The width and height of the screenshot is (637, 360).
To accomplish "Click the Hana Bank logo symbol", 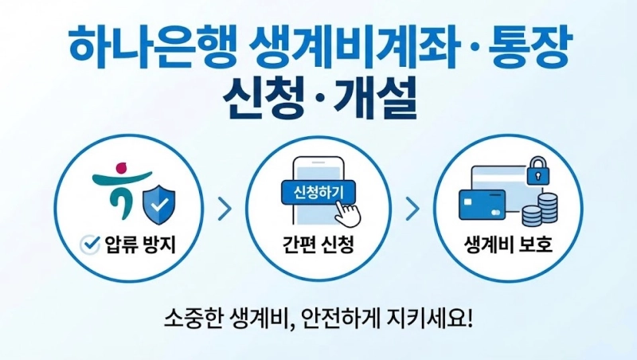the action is pyautogui.click(x=122, y=191).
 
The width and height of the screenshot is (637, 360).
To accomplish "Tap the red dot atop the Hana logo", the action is pyautogui.click(x=122, y=168).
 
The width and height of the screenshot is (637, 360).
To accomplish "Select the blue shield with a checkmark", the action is pyautogui.click(x=158, y=202).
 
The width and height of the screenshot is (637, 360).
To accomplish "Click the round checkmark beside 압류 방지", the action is pyautogui.click(x=90, y=245).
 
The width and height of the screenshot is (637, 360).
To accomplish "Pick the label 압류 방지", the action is pyautogui.click(x=140, y=245).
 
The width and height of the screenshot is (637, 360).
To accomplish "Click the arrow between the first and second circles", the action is pyautogui.click(x=225, y=209).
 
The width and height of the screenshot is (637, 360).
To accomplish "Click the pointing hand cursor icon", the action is pyautogui.click(x=347, y=213).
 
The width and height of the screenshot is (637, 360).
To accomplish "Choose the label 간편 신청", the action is pyautogui.click(x=318, y=245).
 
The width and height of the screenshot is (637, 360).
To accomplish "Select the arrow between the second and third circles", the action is pyautogui.click(x=412, y=209).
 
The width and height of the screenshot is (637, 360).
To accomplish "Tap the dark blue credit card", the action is pyautogui.click(x=483, y=205).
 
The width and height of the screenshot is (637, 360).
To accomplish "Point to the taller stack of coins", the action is pyautogui.click(x=547, y=209).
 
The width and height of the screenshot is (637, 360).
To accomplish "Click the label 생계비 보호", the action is pyautogui.click(x=508, y=245).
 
